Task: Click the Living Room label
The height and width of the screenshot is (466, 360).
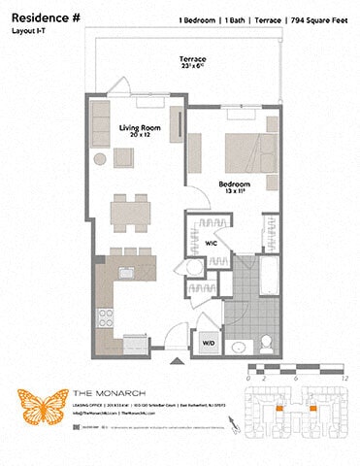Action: pyautogui.click(x=138, y=128)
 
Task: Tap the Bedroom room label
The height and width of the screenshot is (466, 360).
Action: pyautogui.click(x=234, y=184)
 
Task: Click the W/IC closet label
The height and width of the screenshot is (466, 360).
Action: pyautogui.click(x=211, y=243)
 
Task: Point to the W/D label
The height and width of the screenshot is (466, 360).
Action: pyautogui.click(x=208, y=342)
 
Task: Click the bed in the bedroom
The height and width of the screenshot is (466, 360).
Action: pyautogui.click(x=251, y=151)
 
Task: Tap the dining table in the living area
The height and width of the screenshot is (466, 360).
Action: pyautogui.click(x=129, y=211)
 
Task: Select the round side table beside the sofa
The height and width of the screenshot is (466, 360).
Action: pyautogui.click(x=100, y=159)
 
